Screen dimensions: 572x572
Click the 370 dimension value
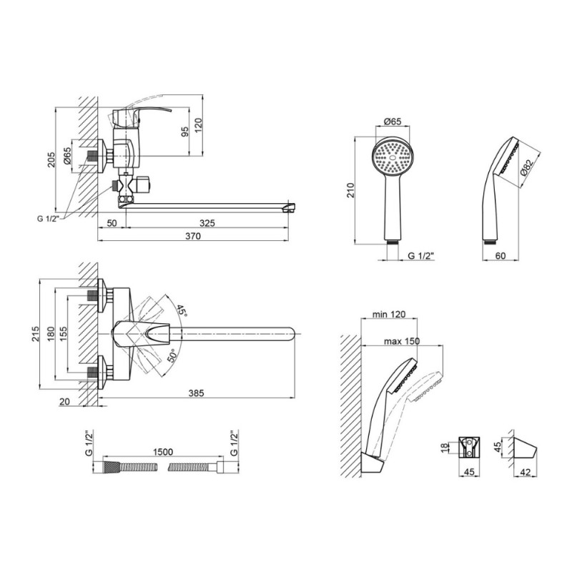193,237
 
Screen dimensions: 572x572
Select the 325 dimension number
207,222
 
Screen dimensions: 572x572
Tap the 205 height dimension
51,159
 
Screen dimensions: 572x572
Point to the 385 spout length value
196,393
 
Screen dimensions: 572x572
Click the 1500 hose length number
163,452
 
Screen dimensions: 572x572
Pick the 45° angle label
182,310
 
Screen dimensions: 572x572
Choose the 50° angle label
172,355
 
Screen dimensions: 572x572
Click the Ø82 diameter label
528,168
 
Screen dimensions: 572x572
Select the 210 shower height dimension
350,190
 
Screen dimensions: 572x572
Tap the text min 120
388,314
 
